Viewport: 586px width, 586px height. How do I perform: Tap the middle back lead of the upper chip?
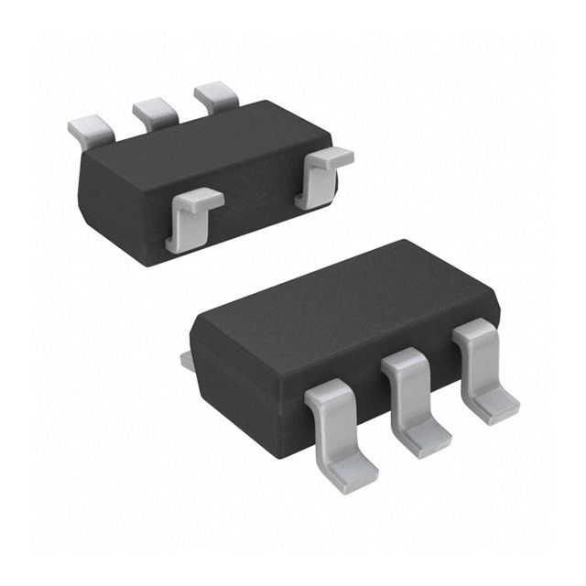(153, 113)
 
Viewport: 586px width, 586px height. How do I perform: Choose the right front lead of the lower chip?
(482, 366)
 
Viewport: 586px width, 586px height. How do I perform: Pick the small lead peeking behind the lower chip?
(187, 360)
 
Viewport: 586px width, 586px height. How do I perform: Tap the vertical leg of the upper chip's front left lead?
(177, 229)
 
